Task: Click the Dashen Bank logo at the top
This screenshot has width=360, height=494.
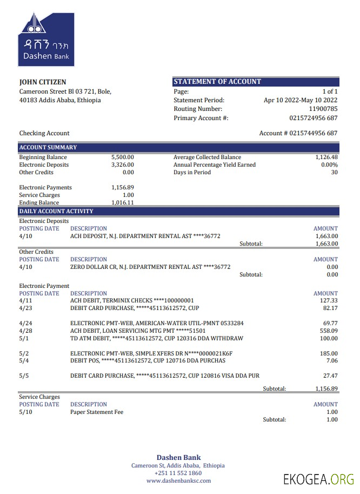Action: pyautogui.click(x=46, y=39)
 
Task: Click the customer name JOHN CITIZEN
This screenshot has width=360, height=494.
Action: pyautogui.click(x=43, y=82)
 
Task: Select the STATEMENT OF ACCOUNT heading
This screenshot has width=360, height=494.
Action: pyautogui.click(x=217, y=82)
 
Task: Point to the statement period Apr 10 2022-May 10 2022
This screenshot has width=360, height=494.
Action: pyautogui.click(x=301, y=100)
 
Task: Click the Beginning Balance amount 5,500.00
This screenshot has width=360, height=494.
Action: pyautogui.click(x=123, y=157)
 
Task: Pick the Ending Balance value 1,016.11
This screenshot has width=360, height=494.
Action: pyautogui.click(x=123, y=203)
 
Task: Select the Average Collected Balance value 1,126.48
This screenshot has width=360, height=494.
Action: pyautogui.click(x=326, y=157)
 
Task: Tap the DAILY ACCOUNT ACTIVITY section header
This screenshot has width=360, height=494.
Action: pyautogui.click(x=56, y=211)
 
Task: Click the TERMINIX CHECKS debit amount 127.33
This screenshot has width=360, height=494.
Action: pyautogui.click(x=329, y=300)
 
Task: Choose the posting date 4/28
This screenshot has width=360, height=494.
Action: pyautogui.click(x=25, y=331)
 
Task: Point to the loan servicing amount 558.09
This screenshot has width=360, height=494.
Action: pyautogui.click(x=329, y=331)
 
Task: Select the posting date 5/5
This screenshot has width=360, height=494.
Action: pyautogui.click(x=24, y=376)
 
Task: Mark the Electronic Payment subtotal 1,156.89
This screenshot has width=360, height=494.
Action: pyautogui.click(x=326, y=388)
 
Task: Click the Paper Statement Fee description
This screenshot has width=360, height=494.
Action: pyautogui.click(x=97, y=412)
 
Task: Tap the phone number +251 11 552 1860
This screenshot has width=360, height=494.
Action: pyautogui.click(x=178, y=473)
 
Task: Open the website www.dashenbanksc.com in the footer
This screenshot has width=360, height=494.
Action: pyautogui.click(x=178, y=480)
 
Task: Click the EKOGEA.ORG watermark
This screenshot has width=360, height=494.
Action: pyautogui.click(x=319, y=479)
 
